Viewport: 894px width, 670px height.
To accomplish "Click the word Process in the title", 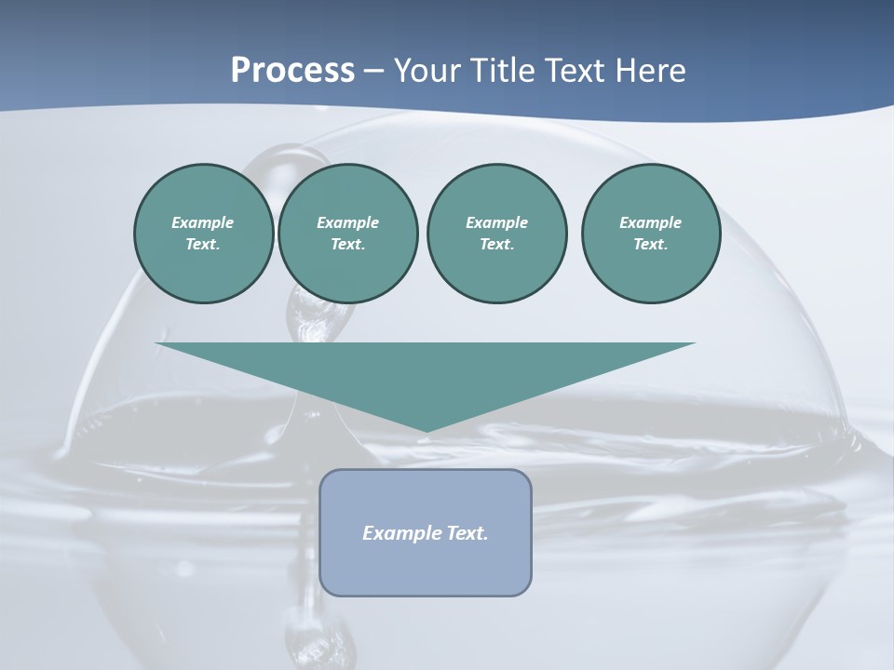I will [x=292, y=71].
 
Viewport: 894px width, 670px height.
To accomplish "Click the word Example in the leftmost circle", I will [x=202, y=222].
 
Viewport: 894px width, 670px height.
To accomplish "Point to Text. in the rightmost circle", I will [x=650, y=245].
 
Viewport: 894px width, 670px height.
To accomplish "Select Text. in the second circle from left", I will [x=347, y=245].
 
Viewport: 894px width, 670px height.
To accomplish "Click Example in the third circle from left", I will [x=496, y=222].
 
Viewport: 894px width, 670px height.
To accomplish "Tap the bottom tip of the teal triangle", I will [x=426, y=430].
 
